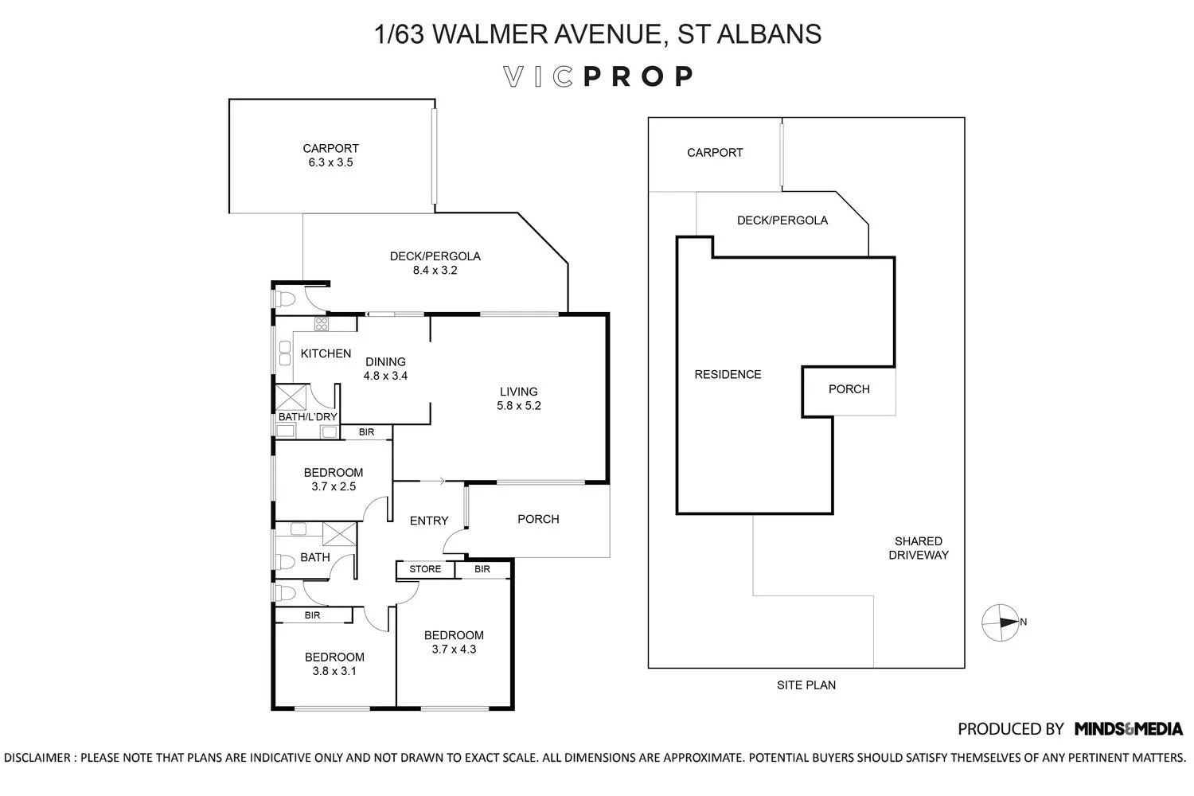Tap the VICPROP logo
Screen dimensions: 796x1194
click(x=598, y=76)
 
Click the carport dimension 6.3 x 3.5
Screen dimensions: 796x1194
click(x=330, y=162)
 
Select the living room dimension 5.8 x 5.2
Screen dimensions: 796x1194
click(x=518, y=405)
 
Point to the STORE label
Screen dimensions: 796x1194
click(x=425, y=569)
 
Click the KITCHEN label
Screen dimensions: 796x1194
click(x=326, y=353)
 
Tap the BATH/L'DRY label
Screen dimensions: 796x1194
click(x=307, y=416)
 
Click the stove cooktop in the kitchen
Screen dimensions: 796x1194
click(x=322, y=323)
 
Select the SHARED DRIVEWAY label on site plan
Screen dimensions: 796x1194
click(x=918, y=548)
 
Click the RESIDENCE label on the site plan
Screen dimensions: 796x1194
click(x=728, y=374)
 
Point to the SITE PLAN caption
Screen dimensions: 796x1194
click(x=806, y=685)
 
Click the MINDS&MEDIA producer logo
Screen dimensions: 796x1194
click(x=1128, y=728)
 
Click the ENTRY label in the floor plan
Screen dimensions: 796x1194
click(x=429, y=521)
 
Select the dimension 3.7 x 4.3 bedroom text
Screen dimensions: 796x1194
click(x=454, y=649)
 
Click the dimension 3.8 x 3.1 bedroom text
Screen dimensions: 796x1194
click(x=334, y=671)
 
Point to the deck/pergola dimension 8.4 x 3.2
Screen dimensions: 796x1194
click(x=435, y=270)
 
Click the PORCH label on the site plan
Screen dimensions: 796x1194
click(x=849, y=389)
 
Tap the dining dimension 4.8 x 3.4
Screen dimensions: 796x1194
click(x=385, y=376)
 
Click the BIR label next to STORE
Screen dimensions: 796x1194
click(x=482, y=569)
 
